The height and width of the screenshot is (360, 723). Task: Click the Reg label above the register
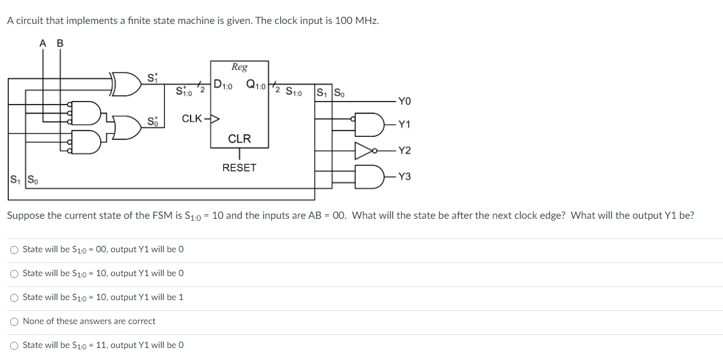(239, 67)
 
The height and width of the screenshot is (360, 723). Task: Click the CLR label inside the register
(239, 139)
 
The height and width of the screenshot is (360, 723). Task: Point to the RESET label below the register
(239, 168)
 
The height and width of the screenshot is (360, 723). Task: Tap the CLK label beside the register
(192, 119)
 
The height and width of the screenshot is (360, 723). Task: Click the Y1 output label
(404, 124)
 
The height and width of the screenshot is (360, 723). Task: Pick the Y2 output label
(404, 150)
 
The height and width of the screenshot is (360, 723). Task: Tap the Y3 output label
(404, 177)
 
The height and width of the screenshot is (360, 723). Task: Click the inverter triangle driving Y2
(364, 150)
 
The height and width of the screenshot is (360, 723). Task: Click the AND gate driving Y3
(368, 176)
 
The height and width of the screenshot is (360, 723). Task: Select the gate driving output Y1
(368, 124)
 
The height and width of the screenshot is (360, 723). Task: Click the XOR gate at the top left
(127, 84)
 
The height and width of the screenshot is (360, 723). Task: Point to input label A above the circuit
(43, 44)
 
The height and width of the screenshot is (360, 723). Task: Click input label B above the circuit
(60, 44)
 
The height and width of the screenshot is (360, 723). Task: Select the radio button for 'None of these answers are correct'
(14, 322)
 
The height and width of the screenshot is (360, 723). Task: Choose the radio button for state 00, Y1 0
(14, 250)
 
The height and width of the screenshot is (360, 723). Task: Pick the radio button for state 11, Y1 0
(14, 345)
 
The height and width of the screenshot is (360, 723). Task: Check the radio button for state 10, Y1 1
(14, 298)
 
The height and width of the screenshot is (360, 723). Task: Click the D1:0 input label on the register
(223, 84)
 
